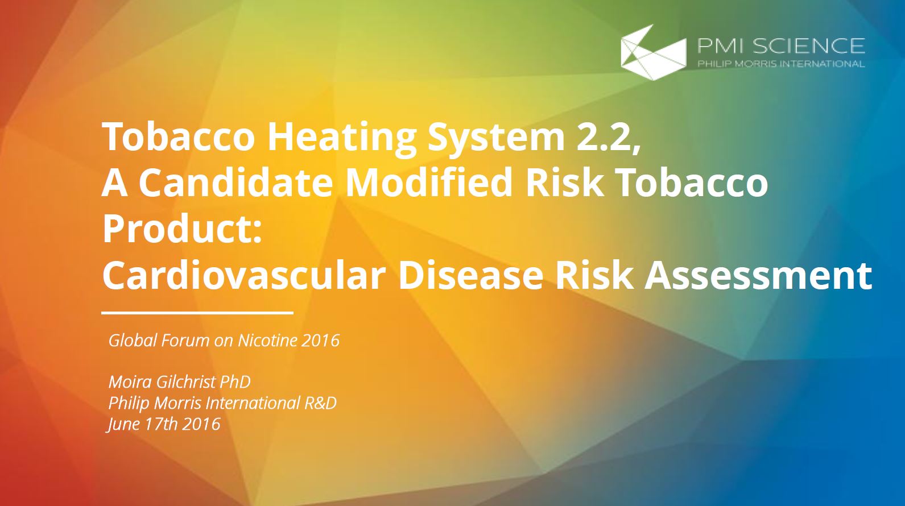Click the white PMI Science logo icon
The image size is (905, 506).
tap(654, 52)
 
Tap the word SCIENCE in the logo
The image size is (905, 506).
tap(808, 45)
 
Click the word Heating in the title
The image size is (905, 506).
tap(342, 138)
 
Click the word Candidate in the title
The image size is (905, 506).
tap(237, 183)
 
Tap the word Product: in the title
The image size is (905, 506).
tap(183, 229)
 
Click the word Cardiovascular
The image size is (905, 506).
tap(244, 275)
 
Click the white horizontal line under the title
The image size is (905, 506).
tap(197, 313)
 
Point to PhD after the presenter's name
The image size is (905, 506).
tap(235, 382)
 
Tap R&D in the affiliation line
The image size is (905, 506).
tap(320, 403)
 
